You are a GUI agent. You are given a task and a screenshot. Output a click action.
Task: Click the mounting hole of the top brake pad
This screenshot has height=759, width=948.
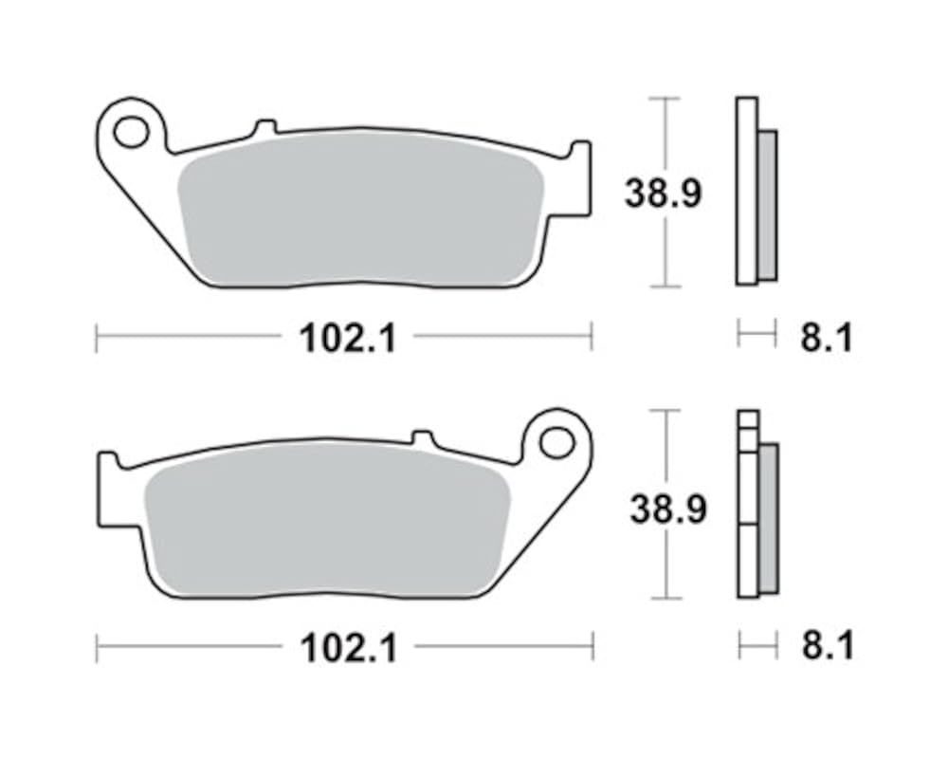[x=131, y=133]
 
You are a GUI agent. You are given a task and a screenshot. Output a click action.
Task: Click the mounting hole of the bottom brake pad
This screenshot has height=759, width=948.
[x=556, y=444]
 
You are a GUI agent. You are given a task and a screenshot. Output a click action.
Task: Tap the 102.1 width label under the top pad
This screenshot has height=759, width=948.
[x=348, y=338]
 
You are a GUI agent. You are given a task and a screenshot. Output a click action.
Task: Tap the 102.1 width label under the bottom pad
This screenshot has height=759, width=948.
[x=349, y=648]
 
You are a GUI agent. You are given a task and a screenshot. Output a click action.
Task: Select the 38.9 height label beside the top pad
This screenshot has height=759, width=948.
[x=664, y=194]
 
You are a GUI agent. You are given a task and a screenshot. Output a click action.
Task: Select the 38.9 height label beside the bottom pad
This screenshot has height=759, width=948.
[x=668, y=509]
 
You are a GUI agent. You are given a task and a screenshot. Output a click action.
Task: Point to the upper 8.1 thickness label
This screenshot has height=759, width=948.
[x=827, y=338]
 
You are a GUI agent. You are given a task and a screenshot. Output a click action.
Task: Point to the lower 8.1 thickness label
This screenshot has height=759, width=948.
[x=828, y=646]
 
